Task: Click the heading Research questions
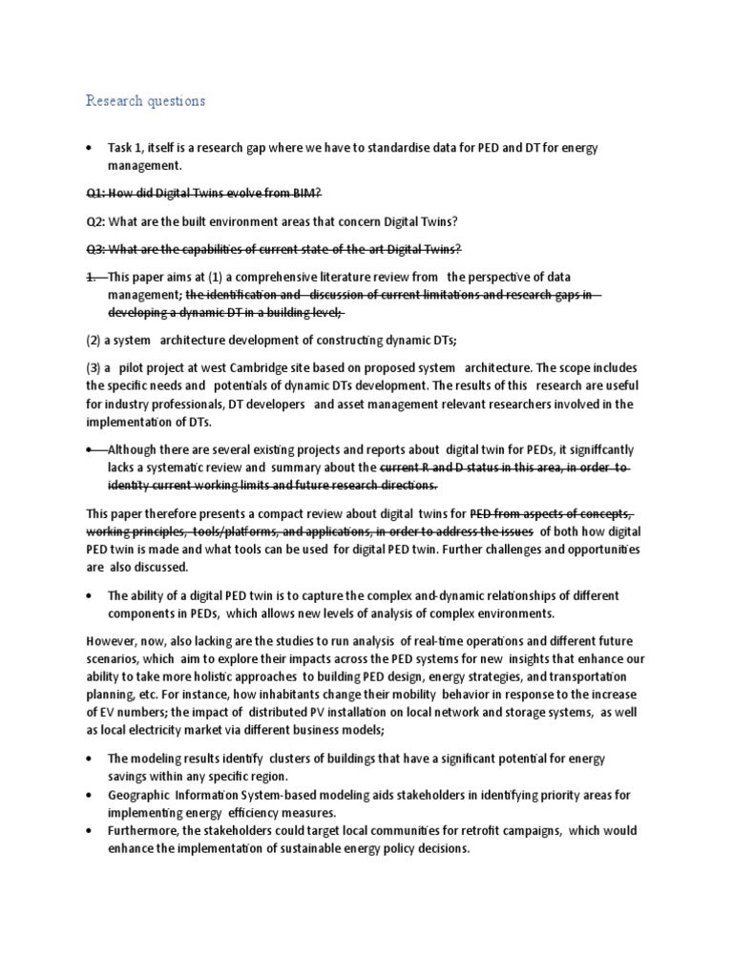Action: (145, 100)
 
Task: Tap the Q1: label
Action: (95, 194)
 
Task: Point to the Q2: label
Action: (95, 221)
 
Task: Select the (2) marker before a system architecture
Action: (94, 340)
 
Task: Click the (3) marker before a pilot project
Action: (94, 368)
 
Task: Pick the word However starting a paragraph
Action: (113, 640)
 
